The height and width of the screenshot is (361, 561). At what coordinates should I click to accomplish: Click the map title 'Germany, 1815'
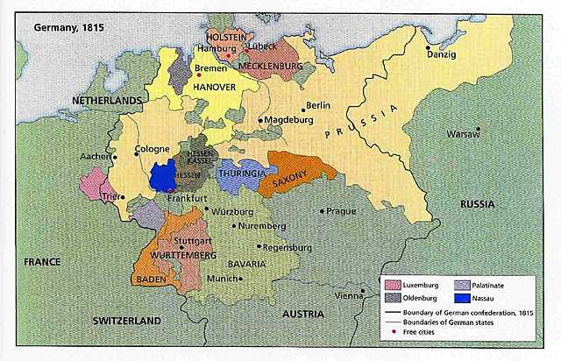67,27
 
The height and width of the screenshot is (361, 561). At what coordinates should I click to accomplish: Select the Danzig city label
442,54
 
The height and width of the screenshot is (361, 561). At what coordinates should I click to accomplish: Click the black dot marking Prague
322,210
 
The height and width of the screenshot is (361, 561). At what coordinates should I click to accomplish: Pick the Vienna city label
348,295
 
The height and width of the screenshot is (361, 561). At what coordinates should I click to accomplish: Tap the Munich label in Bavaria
221,279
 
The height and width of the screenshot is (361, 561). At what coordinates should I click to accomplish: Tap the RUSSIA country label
477,204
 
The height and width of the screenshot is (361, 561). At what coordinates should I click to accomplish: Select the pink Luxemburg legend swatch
391,285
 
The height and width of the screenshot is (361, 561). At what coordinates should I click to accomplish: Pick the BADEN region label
150,279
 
